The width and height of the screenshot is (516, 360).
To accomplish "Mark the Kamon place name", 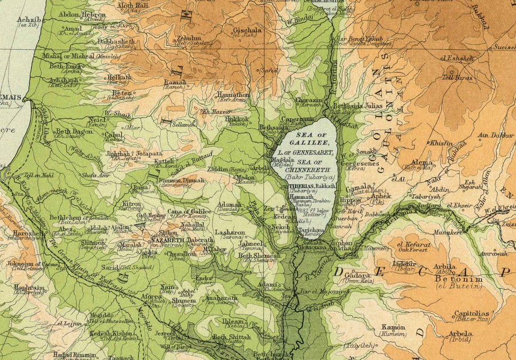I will pyautogui.click(x=393, y=327).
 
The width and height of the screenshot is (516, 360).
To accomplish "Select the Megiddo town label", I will pyautogui.click(x=101, y=315).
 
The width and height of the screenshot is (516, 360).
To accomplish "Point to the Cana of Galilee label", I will pyautogui.click(x=189, y=211).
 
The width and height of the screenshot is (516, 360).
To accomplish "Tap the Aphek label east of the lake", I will pyautogui.click(x=381, y=195).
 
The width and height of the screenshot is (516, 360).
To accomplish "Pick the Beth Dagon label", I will pyautogui.click(x=74, y=131).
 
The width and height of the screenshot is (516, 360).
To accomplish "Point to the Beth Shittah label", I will pyautogui.click(x=232, y=337).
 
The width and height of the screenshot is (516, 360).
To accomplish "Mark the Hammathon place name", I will pyautogui.click(x=233, y=95).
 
